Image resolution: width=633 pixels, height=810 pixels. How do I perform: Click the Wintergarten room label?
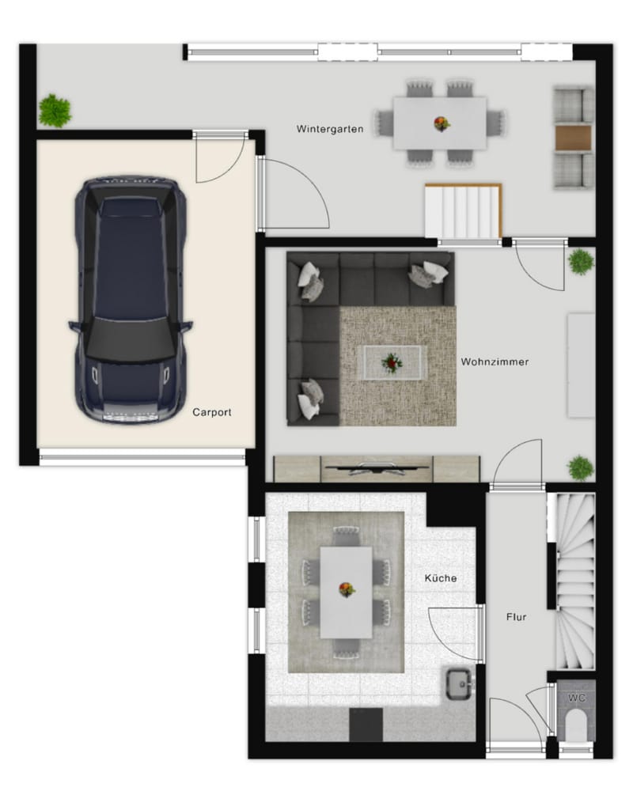(x=330, y=129)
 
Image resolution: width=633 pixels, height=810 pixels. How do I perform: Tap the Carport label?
(x=212, y=412)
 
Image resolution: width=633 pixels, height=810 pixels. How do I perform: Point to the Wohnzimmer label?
(x=495, y=361)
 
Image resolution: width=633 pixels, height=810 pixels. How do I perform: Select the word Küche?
(x=441, y=578)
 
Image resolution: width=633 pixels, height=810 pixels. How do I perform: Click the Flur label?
(x=516, y=617)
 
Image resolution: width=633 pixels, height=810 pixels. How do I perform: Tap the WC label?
(x=577, y=698)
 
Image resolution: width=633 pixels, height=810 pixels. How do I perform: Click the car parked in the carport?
(x=131, y=299)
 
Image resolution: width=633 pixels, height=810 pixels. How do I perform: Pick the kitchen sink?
(x=460, y=684)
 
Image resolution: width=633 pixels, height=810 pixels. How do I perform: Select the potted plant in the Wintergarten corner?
(x=55, y=110)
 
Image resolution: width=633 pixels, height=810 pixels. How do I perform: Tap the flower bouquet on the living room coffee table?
(x=392, y=362)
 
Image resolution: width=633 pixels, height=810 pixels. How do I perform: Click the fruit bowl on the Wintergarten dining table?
(x=442, y=123)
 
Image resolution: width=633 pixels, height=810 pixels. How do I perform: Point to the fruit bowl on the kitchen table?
(x=347, y=589)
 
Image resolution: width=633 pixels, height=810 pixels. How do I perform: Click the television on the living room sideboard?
(x=377, y=468)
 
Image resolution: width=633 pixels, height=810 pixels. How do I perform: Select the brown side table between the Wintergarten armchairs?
(x=573, y=138)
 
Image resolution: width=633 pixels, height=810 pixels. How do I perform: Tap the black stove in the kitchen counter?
(x=366, y=725)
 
